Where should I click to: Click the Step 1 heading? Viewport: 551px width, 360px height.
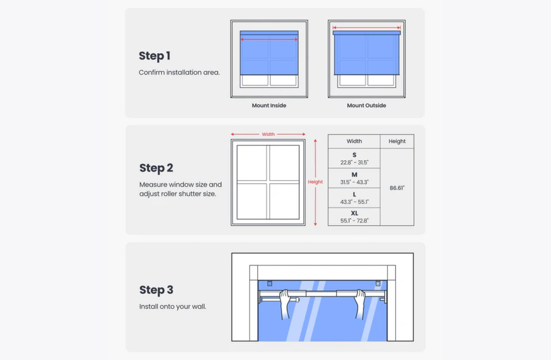pos(155,56)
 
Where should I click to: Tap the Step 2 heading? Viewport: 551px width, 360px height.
pos(156,168)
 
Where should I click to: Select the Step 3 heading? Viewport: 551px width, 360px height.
pos(156,289)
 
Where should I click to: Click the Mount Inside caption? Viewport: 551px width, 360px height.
pos(269,105)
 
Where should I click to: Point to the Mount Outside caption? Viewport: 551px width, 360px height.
pos(366,105)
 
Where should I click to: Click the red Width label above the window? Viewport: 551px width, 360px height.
pos(268,134)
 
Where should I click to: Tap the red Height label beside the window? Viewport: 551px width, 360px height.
pos(315,182)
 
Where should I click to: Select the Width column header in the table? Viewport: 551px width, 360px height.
pos(354,141)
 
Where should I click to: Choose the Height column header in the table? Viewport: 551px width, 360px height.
pos(397,141)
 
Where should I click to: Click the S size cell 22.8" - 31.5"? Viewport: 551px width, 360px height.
pos(354,158)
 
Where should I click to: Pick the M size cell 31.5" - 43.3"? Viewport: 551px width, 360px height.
pos(354,178)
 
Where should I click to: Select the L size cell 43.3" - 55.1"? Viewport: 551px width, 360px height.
pos(354,198)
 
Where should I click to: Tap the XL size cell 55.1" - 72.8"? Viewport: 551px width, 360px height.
pos(354,217)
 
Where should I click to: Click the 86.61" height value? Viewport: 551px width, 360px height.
pos(397,188)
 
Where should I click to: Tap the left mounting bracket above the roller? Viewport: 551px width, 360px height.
pos(270,284)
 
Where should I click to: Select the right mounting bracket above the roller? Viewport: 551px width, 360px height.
pos(378,284)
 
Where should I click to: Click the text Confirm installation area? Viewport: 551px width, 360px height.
pos(179,73)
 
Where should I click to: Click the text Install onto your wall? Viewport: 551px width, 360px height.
pos(173,307)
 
